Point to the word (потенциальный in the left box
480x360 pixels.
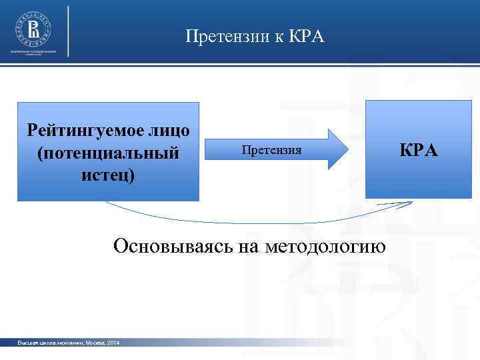click(x=108, y=153)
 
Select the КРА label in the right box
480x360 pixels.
click(x=419, y=150)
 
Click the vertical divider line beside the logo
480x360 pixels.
click(x=69, y=31)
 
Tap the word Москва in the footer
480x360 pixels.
click(x=92, y=343)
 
